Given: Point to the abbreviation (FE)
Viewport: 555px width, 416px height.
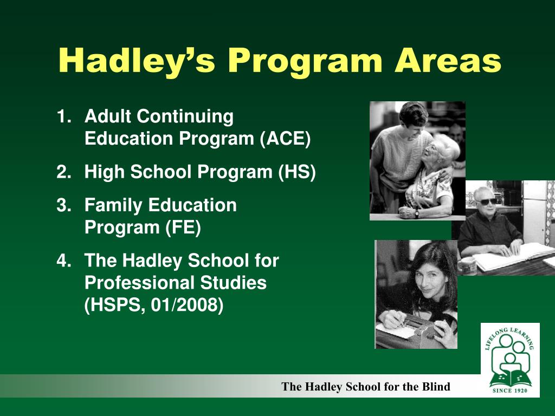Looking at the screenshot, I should click(183, 228).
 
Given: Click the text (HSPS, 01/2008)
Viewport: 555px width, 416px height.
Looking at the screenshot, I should click(154, 305).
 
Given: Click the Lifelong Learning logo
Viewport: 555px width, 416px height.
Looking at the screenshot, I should click(510, 360).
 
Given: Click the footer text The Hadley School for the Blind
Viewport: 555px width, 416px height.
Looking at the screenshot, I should click(366, 387).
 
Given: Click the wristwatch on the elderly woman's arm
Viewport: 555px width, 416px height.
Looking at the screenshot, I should click(416, 212).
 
